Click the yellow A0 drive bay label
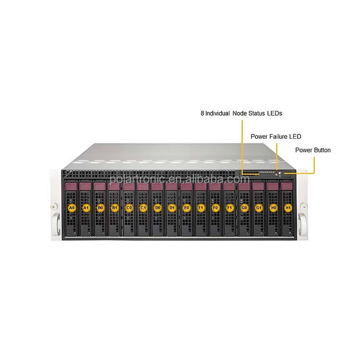[x=72, y=208]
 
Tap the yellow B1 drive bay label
[x=114, y=208]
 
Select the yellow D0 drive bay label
[x=157, y=208]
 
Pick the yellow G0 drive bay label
[x=244, y=208]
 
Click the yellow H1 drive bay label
[x=288, y=208]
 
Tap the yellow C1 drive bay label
[x=143, y=208]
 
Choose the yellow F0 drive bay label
[x=215, y=208]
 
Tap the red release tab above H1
[x=287, y=185]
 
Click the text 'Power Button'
[x=312, y=150]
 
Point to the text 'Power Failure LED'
[x=276, y=136]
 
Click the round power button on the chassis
[x=279, y=174]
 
